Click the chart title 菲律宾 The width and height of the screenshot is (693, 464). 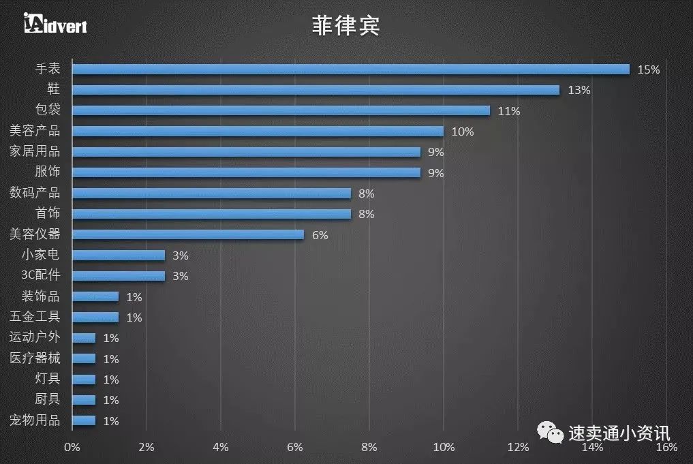(346, 26)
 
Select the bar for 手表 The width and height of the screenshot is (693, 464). (350, 69)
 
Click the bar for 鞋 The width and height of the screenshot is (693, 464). (315, 90)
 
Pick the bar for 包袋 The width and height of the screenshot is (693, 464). (281, 110)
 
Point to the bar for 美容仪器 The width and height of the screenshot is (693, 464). (187, 234)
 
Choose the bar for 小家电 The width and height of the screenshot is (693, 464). (119, 256)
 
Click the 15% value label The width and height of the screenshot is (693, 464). (648, 69)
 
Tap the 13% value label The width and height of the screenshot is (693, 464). (579, 90)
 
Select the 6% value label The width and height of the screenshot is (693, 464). (320, 235)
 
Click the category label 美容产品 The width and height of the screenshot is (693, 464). (35, 131)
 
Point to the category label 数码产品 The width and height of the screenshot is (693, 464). (35, 193)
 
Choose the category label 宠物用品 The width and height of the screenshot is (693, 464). (35, 420)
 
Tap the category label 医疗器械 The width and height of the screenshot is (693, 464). (35, 358)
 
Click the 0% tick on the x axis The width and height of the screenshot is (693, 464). (72, 448)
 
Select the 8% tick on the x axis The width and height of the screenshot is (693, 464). (369, 448)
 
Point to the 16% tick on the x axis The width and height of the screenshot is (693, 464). (666, 448)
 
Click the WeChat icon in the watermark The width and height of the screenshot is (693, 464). (551, 431)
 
